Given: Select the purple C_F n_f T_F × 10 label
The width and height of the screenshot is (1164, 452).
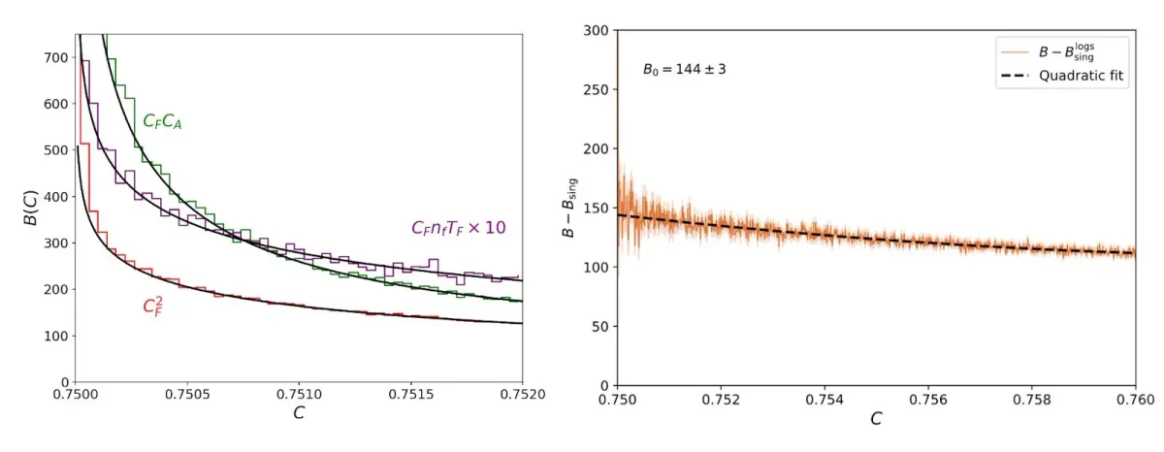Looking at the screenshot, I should pos(459,229).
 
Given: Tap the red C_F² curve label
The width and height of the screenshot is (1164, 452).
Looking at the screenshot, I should pos(152,307).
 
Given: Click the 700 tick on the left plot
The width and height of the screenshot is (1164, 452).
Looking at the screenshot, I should pos(55,58).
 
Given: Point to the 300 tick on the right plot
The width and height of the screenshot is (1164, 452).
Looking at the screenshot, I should pos(595,31).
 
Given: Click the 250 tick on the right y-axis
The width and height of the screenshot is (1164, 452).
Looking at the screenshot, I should pos(595,90).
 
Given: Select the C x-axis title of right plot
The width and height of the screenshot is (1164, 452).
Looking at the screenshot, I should pos(876,420).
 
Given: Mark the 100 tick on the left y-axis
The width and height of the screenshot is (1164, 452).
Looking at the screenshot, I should pos(55,337).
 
